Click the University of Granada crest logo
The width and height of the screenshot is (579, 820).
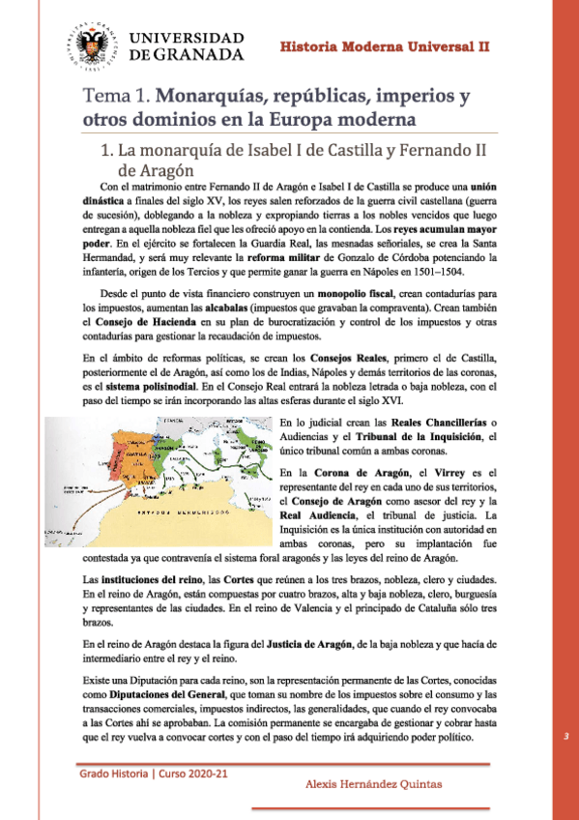(x=88, y=40)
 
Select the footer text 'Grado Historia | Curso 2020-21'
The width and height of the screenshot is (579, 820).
(x=156, y=774)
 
